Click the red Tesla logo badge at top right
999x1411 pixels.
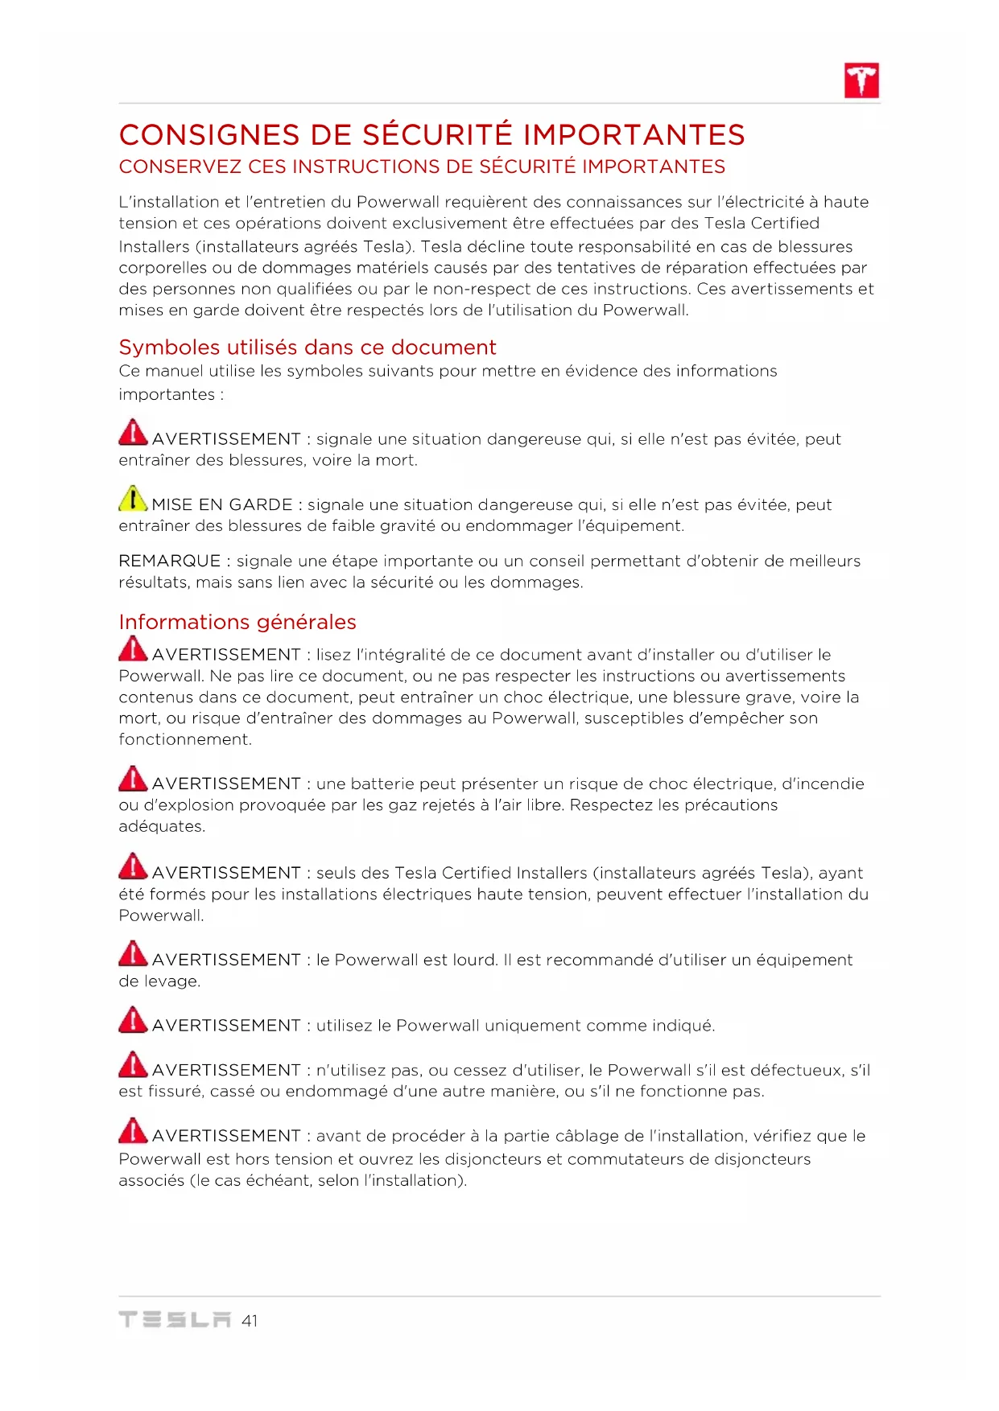point(861,80)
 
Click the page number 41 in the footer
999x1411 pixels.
point(250,1320)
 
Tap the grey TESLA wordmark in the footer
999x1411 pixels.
point(175,1319)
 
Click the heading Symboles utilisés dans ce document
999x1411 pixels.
point(307,347)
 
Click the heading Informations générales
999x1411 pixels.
point(237,622)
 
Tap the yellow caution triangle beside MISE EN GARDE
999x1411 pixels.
point(133,499)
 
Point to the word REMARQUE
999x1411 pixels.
point(169,561)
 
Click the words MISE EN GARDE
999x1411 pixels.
point(222,504)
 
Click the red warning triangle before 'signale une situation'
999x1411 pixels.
point(133,433)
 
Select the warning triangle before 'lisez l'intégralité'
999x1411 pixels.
point(133,649)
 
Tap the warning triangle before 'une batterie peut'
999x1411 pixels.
point(133,778)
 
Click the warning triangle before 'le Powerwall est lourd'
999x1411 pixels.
point(133,954)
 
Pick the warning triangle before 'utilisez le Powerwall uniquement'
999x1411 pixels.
point(133,1019)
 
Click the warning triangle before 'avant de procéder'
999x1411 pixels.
point(133,1130)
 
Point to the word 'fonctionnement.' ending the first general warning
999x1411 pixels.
point(185,739)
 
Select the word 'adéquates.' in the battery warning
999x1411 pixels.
point(162,826)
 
